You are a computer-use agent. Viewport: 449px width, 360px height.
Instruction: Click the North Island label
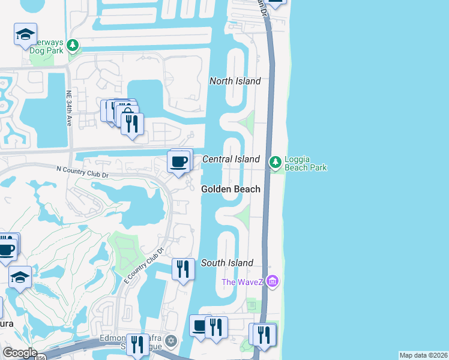click(x=235, y=81)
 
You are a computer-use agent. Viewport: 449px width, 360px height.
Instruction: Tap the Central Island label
click(x=231, y=159)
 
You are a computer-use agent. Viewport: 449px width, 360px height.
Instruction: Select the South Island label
click(x=227, y=263)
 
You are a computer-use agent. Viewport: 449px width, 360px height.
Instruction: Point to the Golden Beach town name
click(x=231, y=189)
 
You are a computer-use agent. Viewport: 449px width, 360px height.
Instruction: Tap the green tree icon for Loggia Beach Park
click(x=275, y=162)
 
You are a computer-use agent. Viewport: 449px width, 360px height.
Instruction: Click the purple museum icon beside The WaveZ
click(x=273, y=281)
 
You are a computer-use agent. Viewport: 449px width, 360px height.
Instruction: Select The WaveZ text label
click(x=243, y=282)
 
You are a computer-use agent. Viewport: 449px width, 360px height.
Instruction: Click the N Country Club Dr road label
click(x=82, y=174)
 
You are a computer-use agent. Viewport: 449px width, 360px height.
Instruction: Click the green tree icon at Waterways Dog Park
click(x=73, y=45)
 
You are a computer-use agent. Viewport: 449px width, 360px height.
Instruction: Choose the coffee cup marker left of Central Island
click(x=179, y=161)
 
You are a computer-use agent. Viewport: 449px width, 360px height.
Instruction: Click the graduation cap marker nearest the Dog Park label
click(x=25, y=35)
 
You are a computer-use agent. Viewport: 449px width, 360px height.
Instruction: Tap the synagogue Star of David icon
click(x=171, y=341)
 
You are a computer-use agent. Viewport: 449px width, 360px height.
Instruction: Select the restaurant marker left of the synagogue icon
click(x=137, y=344)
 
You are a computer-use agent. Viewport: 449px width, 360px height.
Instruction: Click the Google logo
click(x=19, y=353)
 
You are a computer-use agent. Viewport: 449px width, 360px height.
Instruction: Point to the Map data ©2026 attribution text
click(x=423, y=355)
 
